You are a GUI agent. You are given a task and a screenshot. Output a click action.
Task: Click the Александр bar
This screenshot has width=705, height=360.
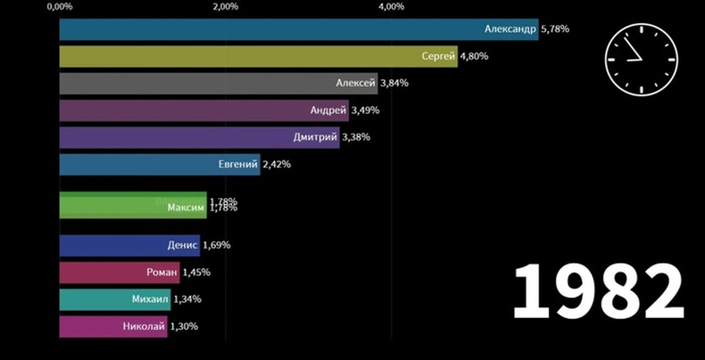(x=298, y=29)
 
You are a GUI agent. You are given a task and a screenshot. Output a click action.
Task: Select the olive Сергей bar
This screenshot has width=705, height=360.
(x=258, y=56)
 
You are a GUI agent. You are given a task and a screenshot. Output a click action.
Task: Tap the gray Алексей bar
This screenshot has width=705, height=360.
(x=218, y=83)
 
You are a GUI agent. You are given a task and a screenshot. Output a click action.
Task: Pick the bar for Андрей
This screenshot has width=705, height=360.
(x=204, y=110)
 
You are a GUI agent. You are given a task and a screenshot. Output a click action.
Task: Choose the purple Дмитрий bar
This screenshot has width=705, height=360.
(x=199, y=137)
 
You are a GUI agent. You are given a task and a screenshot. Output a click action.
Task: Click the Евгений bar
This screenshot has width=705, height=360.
(x=159, y=164)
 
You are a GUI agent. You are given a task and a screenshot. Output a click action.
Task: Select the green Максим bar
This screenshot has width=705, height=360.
(x=133, y=206)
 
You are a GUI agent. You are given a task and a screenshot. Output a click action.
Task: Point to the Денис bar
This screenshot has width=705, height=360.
(x=129, y=245)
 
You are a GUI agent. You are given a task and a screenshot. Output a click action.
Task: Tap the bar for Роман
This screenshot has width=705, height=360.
(x=119, y=272)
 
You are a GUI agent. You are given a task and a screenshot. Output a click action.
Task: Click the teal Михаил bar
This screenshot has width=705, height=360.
(x=115, y=300)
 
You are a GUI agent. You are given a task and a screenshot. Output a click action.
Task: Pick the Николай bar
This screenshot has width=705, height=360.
(x=113, y=327)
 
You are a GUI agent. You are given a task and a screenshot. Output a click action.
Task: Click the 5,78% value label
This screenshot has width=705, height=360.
(x=554, y=28)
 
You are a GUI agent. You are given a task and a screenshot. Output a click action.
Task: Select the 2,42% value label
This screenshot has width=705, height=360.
(x=277, y=164)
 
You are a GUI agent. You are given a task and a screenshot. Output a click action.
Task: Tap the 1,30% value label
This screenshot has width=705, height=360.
(x=184, y=327)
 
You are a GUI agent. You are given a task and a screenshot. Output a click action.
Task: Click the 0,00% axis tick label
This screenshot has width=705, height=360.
(x=59, y=7)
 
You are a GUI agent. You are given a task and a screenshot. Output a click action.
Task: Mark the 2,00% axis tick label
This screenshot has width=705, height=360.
(x=226, y=7)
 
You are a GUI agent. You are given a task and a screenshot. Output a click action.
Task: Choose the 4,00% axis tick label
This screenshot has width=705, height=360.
(x=392, y=7)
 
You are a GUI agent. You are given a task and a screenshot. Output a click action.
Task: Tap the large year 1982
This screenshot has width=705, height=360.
(x=598, y=292)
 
